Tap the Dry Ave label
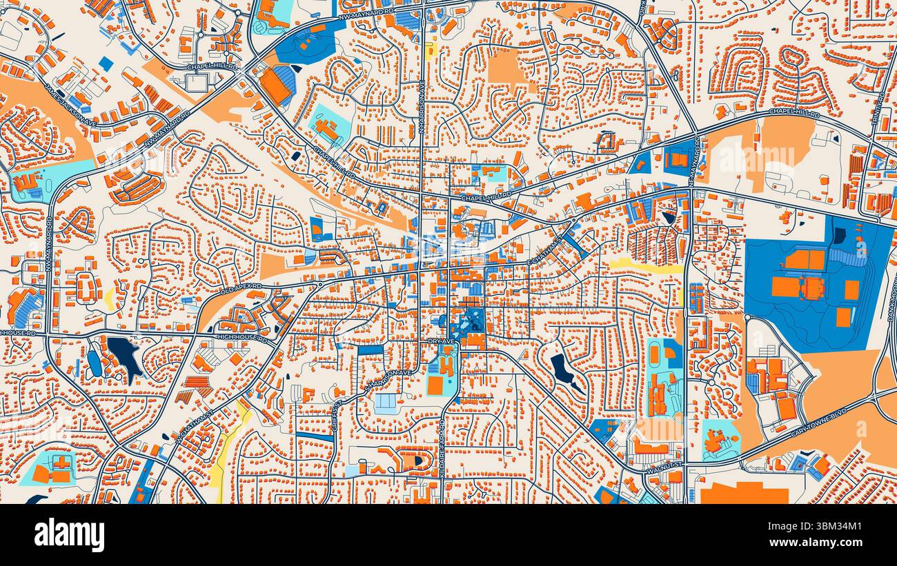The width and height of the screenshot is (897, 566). point(440,341)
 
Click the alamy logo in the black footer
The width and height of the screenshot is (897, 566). point(69,535)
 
